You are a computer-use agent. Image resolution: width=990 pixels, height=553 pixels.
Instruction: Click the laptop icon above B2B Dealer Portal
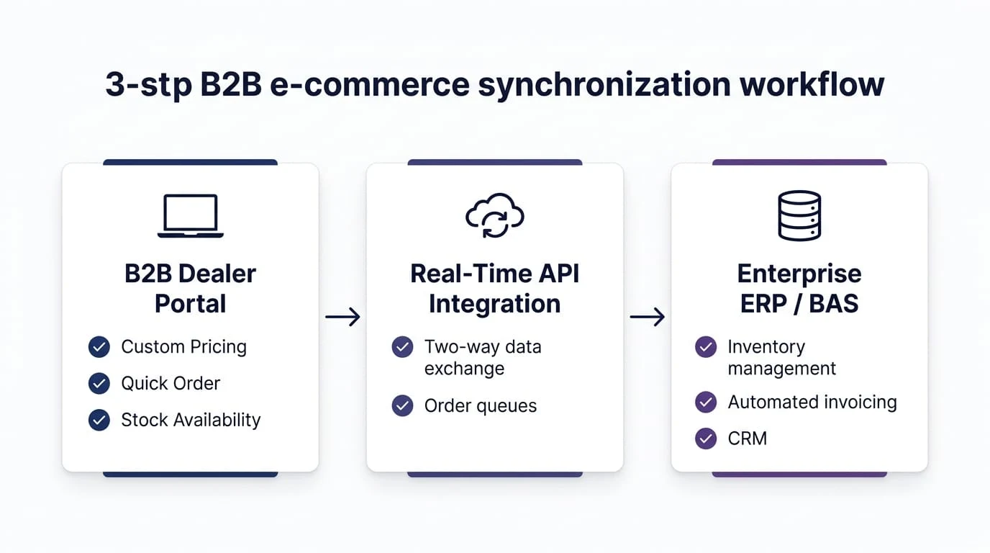coord(191,216)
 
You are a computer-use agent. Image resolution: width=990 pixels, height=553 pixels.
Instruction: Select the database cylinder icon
coord(799,215)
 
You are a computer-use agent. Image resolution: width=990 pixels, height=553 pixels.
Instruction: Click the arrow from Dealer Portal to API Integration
coord(342,317)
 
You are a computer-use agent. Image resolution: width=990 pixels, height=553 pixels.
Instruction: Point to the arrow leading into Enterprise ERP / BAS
coord(647,317)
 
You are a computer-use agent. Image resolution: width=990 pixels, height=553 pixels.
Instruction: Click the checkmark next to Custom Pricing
coord(99,347)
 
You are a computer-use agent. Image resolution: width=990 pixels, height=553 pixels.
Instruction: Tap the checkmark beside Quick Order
coord(99,383)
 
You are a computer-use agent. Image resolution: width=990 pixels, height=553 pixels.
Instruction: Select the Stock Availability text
coord(191,420)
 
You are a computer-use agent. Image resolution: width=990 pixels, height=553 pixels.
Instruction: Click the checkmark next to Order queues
coord(402,405)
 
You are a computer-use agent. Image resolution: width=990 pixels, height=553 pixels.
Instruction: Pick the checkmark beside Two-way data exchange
coord(402,347)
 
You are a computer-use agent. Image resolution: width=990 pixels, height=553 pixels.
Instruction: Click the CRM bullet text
coord(748,439)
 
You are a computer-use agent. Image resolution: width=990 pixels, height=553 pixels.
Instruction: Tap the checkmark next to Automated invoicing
coord(706,402)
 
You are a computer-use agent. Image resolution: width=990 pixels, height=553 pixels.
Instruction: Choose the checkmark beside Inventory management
coord(706,347)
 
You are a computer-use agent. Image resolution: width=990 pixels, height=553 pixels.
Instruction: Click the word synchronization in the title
coord(604,86)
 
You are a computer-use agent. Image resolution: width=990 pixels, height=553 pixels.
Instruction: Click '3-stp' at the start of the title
coord(148,86)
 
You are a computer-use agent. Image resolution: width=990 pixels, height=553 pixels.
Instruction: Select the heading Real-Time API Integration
coord(494,289)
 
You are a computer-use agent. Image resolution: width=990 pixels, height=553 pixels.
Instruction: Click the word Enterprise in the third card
coord(799,274)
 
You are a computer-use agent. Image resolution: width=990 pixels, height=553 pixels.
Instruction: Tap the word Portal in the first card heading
coord(191,303)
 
